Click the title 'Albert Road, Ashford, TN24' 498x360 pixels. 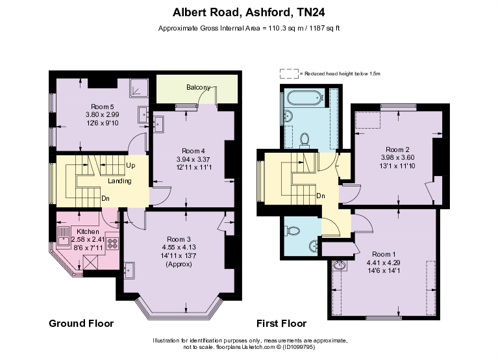coord(249,11)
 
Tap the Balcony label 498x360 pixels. coord(198,88)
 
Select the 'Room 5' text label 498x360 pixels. coord(103,107)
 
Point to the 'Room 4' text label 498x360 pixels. coord(193,151)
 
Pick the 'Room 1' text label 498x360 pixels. coord(384,253)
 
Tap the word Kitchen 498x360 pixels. coord(88,231)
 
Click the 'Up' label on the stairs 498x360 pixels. coord(131,165)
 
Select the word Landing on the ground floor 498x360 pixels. coord(120,181)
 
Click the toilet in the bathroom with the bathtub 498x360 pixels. coord(305,139)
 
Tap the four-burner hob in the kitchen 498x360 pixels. coord(112,244)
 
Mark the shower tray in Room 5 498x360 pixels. coord(140,87)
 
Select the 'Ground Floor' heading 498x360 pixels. coord(82,323)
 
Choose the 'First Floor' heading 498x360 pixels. coord(281,323)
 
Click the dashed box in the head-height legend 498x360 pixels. coord(288,73)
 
